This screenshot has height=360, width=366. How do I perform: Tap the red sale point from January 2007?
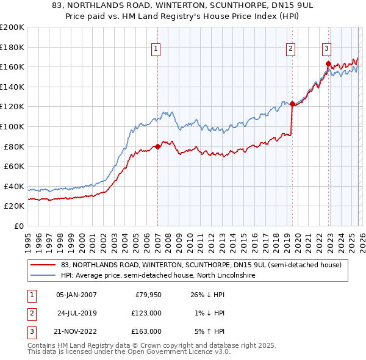[x=157, y=146]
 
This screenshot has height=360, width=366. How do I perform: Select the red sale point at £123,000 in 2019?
[x=292, y=104]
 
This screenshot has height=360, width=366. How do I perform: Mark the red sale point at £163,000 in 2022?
[x=328, y=63]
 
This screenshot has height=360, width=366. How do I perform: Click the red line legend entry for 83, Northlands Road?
[x=201, y=265]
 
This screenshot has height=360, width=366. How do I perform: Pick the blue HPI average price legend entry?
[x=157, y=276]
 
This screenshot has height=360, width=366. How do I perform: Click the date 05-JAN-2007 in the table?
[x=76, y=295]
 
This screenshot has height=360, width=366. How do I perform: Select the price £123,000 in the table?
[x=147, y=313]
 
